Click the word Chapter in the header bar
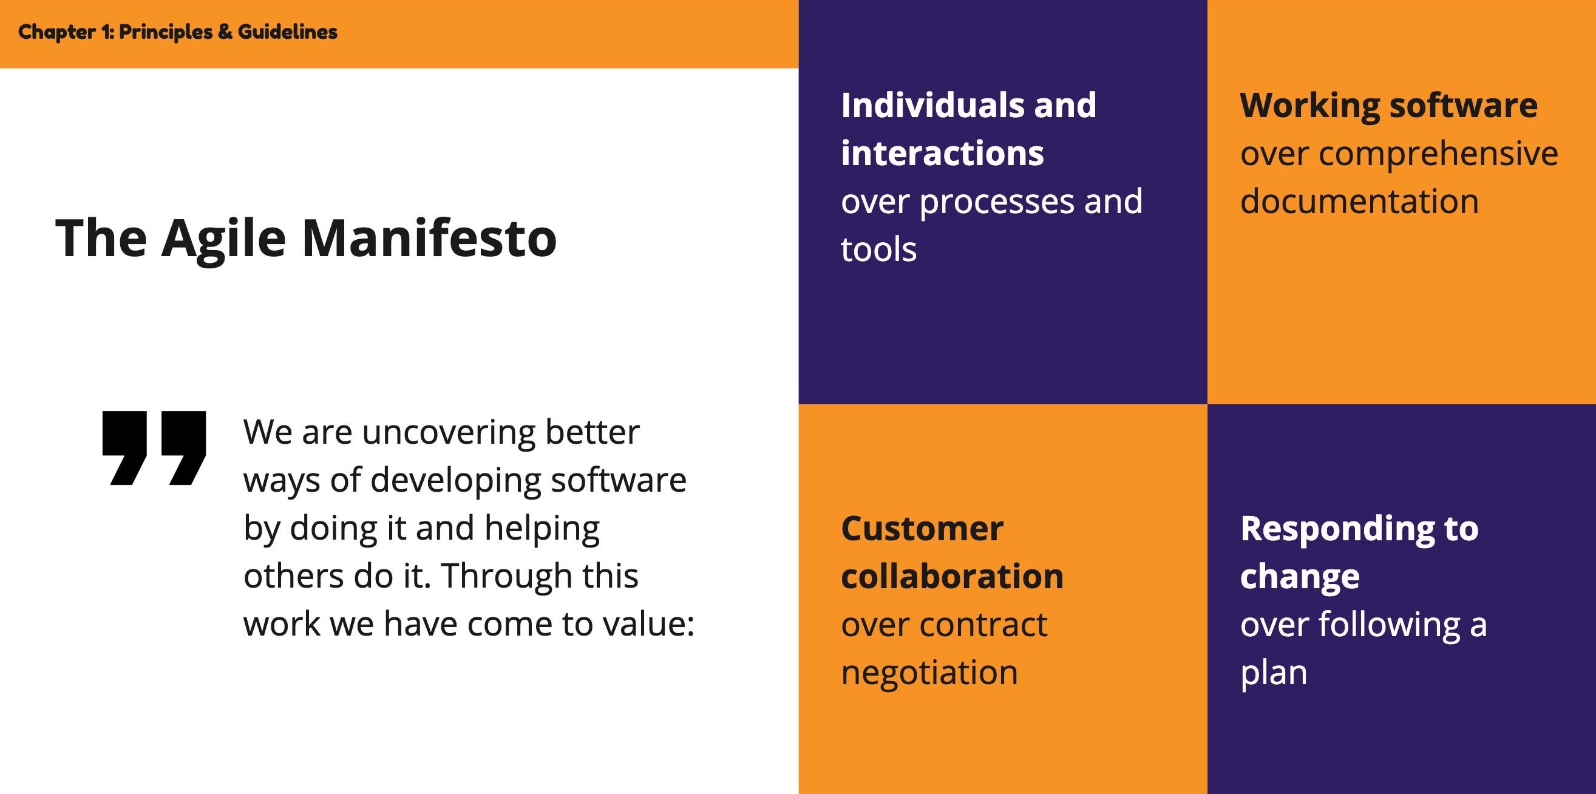click(56, 32)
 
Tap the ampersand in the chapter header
click(225, 32)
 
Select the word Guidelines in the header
click(288, 32)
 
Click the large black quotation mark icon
click(154, 447)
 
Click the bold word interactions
click(942, 153)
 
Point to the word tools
click(878, 250)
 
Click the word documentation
click(1359, 202)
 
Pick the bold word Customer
click(922, 529)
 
